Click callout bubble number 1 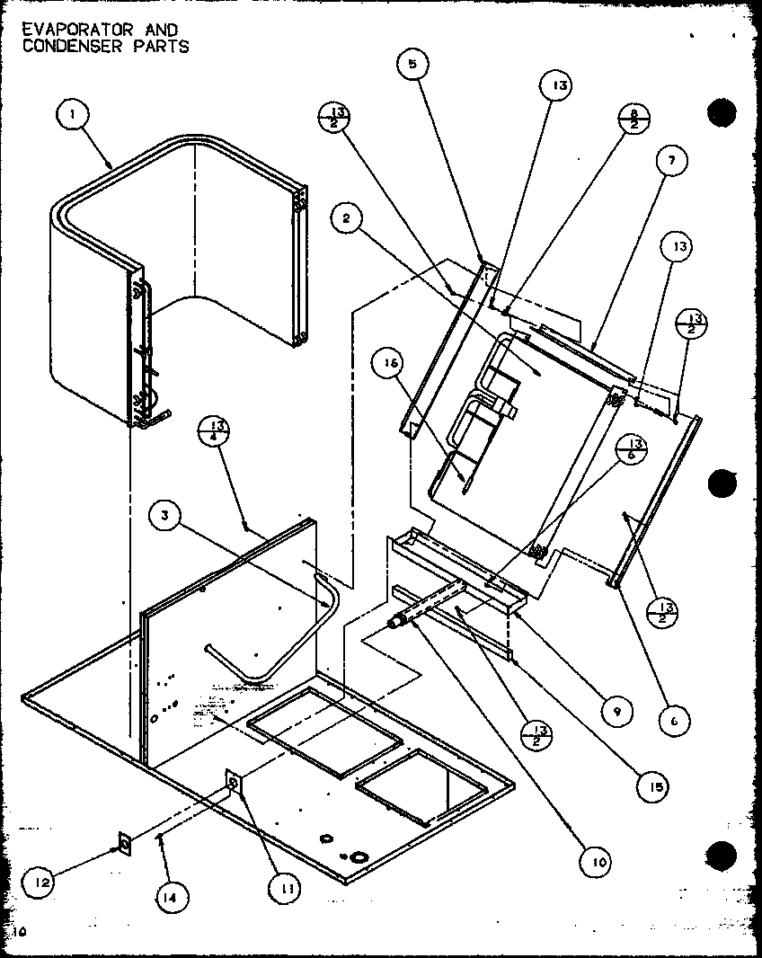click(x=72, y=116)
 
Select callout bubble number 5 click(x=412, y=65)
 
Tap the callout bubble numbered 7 click(x=671, y=161)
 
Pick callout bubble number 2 click(x=346, y=217)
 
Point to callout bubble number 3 click(x=167, y=516)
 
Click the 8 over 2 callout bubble click(x=633, y=120)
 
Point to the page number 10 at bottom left click(x=22, y=933)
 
